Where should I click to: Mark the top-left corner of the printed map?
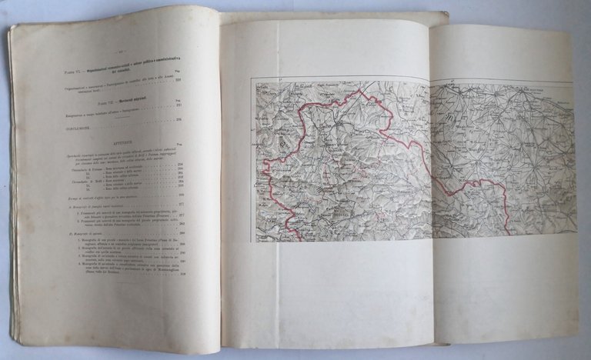tap(257, 82)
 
